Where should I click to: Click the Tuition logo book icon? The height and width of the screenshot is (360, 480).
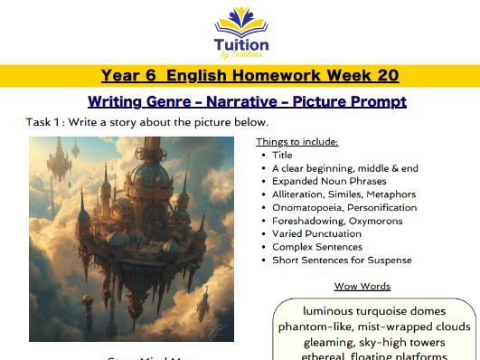click(x=240, y=21)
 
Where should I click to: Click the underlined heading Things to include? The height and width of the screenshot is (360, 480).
click(x=297, y=141)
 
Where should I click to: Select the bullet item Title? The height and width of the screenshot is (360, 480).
click(x=283, y=155)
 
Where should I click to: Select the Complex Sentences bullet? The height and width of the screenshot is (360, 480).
click(x=317, y=246)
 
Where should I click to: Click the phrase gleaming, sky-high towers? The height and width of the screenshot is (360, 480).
click(x=374, y=341)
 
